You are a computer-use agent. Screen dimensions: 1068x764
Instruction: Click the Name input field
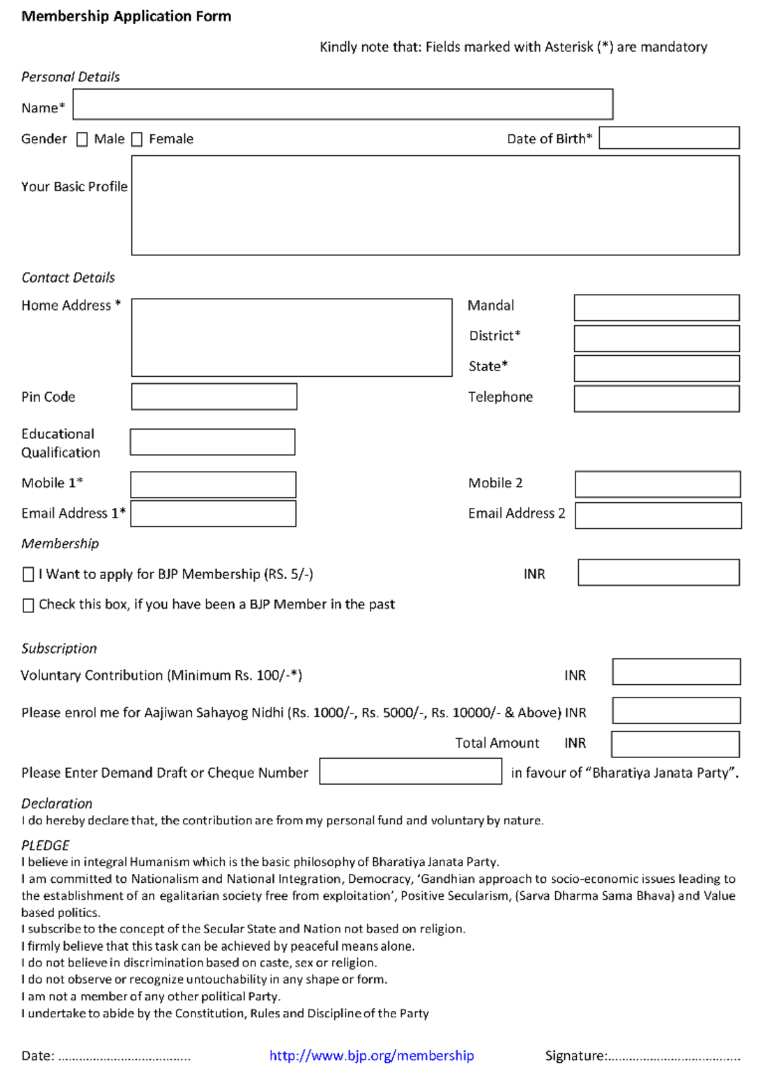point(343,104)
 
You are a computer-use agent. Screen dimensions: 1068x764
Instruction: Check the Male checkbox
point(82,139)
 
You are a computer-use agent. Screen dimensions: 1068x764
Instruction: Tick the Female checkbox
point(137,139)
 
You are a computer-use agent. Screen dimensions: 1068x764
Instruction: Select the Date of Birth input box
point(669,138)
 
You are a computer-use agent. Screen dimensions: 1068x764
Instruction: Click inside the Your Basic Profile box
point(435,205)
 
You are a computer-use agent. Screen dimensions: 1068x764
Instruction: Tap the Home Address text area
point(292,337)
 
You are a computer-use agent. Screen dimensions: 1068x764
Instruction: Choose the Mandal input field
point(656,307)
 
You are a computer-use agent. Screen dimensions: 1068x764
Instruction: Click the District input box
point(656,338)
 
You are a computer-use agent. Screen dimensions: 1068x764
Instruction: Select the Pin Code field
point(214,397)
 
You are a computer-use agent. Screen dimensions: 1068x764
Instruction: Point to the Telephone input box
point(656,398)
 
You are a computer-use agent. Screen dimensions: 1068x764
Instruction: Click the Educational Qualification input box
point(213,442)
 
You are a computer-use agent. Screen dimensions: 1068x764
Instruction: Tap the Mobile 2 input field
point(658,484)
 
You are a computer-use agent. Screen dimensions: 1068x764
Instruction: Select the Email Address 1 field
point(213,514)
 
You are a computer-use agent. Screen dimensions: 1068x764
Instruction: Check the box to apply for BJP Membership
point(28,575)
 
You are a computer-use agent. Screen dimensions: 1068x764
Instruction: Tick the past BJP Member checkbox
point(28,605)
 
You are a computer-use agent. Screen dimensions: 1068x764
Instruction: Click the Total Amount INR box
point(675,743)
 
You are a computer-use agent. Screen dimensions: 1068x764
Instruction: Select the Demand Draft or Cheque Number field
point(410,771)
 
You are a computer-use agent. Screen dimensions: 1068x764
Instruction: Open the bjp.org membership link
point(371,1055)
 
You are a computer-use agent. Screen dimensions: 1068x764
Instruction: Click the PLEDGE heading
point(45,845)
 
